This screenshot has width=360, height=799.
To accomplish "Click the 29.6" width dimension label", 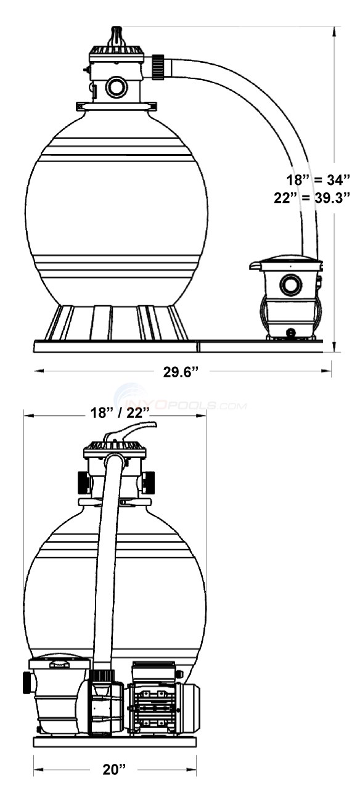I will click(180, 371).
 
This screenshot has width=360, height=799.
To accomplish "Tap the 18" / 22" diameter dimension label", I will click(114, 414).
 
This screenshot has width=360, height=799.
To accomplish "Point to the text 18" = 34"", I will click(313, 181).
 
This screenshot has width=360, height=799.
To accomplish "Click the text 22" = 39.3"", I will click(311, 197).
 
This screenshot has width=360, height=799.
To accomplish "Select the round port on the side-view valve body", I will click(116, 87).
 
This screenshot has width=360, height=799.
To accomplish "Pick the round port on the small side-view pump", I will click(289, 285).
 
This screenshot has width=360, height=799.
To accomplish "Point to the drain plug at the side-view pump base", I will click(290, 333).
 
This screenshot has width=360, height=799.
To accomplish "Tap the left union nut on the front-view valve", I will click(84, 482).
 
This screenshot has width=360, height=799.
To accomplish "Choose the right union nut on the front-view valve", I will click(148, 482).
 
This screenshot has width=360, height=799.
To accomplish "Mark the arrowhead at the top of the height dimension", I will click(335, 30).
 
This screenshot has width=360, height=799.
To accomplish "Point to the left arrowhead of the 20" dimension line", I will click(37, 769).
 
